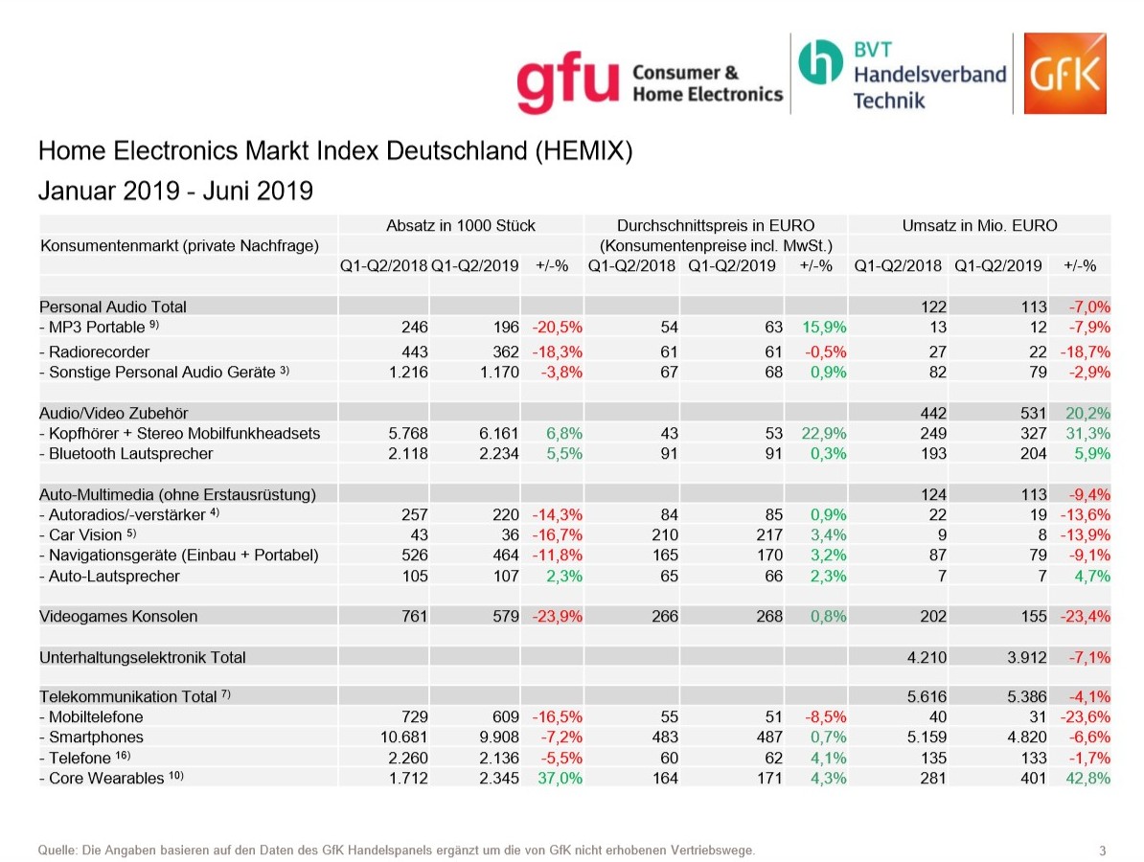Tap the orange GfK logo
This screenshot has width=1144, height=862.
(1064, 74)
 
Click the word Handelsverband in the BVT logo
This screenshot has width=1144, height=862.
(929, 74)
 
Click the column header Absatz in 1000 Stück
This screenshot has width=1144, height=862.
(460, 226)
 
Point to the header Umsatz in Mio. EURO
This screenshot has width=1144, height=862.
(979, 226)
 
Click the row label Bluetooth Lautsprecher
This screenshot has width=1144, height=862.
(126, 453)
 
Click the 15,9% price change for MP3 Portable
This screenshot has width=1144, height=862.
(823, 327)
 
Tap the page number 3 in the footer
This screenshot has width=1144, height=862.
(1103, 851)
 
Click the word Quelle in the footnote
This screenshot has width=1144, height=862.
(55, 850)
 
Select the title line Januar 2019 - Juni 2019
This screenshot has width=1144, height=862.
(175, 191)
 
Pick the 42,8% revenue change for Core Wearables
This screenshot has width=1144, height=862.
(1087, 778)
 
